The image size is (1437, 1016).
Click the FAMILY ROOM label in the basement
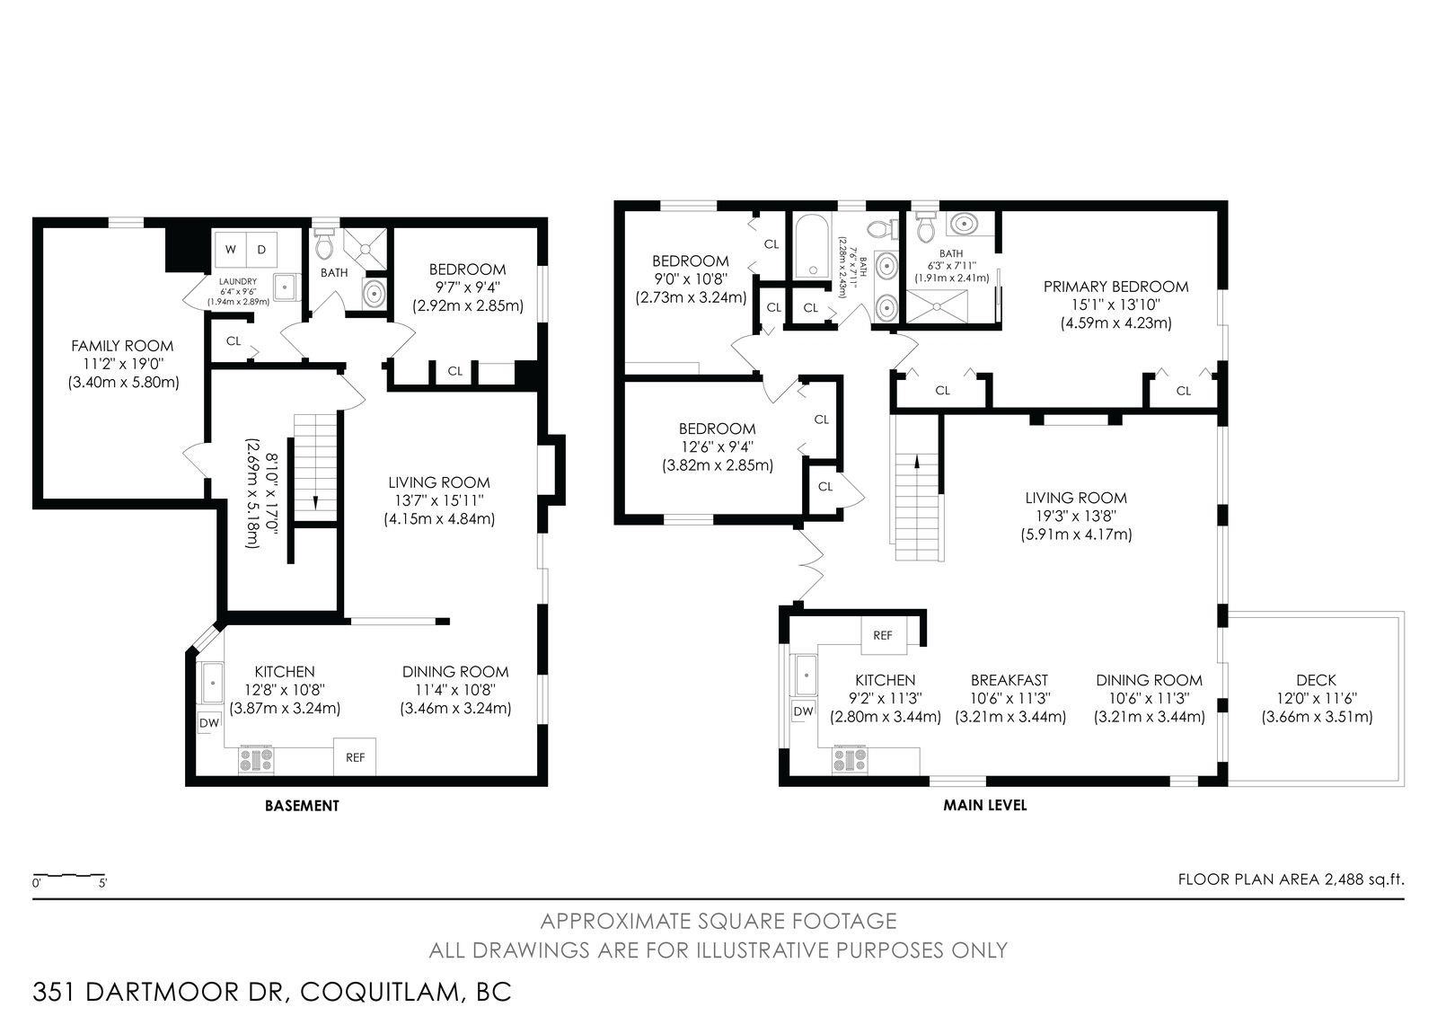[122, 346]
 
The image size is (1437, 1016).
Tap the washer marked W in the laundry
[230, 250]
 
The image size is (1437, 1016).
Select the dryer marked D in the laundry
[261, 250]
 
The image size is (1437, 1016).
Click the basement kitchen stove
[256, 760]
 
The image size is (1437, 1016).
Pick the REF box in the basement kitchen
[355, 757]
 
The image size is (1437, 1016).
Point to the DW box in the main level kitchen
[803, 711]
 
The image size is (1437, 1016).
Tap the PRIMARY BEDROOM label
[1115, 287]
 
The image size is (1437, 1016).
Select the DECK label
[1317, 680]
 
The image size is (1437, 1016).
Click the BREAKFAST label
[1009, 680]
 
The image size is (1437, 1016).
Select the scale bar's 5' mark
[102, 883]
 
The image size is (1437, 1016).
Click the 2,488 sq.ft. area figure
[1364, 879]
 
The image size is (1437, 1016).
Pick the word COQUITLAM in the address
[381, 993]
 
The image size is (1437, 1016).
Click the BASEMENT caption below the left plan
[302, 806]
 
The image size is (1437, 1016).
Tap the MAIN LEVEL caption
[984, 805]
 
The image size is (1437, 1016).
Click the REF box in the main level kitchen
[883, 635]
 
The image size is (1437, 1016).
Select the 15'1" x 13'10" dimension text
[1115, 305]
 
